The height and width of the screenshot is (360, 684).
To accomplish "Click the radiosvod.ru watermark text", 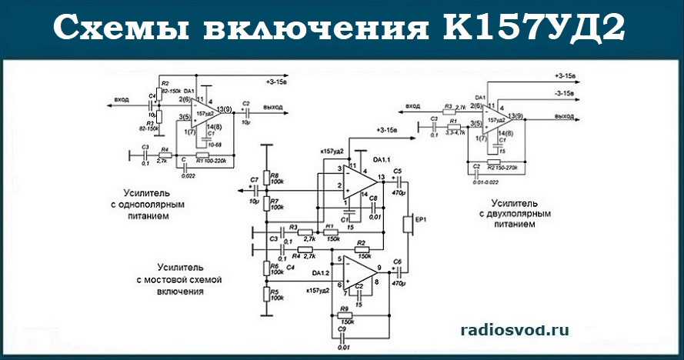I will click(x=515, y=329).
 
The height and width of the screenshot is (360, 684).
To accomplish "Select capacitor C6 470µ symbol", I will click(x=397, y=272).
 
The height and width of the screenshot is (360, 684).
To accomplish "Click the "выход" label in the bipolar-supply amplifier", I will click(x=565, y=116).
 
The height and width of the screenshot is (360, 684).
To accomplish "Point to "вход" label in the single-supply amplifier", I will click(x=121, y=100).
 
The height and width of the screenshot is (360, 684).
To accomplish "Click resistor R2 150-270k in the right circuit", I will click(x=493, y=165).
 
